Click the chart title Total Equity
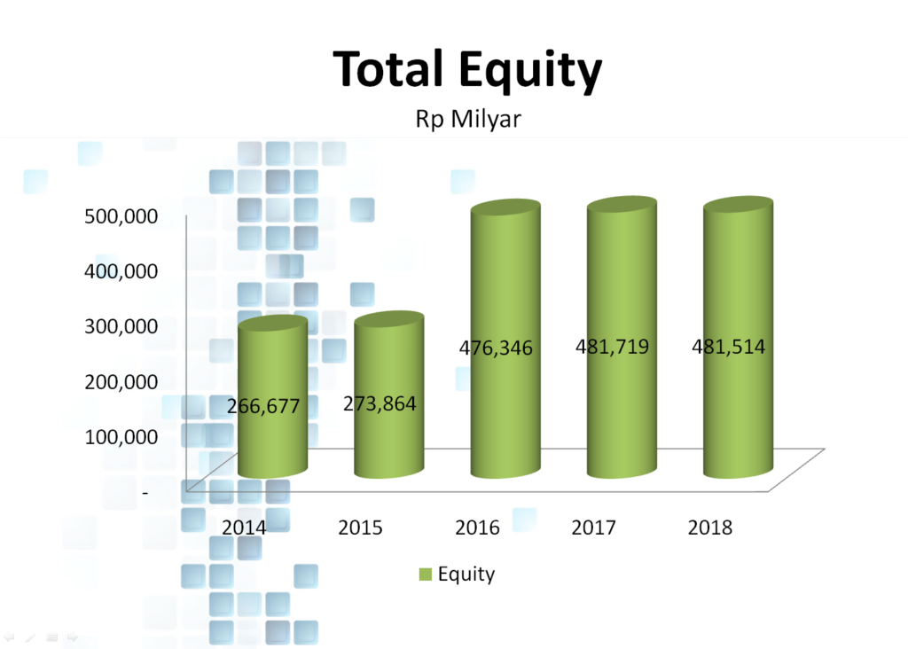pyautogui.click(x=467, y=70)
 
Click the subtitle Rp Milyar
pyautogui.click(x=468, y=120)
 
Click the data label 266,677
pyautogui.click(x=263, y=406)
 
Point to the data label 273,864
pyautogui.click(x=380, y=403)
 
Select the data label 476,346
pyautogui.click(x=496, y=348)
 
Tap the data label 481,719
pyautogui.click(x=612, y=347)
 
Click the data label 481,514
pyautogui.click(x=729, y=347)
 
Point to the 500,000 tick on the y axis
pyautogui.click(x=121, y=216)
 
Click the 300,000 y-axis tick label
pyautogui.click(x=121, y=326)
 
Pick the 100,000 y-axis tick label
pyautogui.click(x=121, y=437)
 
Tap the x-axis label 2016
pyautogui.click(x=477, y=528)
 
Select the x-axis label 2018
pyautogui.click(x=710, y=528)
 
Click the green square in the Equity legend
pyautogui.click(x=426, y=575)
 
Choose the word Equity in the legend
pyautogui.click(x=466, y=575)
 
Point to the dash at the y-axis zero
pyautogui.click(x=145, y=493)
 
